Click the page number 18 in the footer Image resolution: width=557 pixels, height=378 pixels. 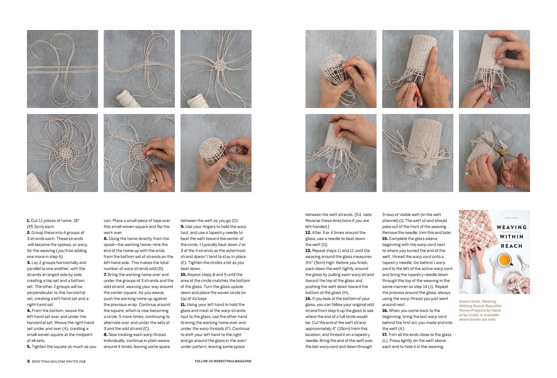(x=28, y=361)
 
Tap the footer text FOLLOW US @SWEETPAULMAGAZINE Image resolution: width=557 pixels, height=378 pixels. (x=223, y=361)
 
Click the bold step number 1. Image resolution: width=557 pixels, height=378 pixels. (x=28, y=220)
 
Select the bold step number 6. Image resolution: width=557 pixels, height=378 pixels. (x=106, y=238)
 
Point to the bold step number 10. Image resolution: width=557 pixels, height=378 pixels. (x=183, y=274)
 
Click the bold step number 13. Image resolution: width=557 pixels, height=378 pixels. (x=308, y=250)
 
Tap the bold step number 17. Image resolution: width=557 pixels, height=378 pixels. (x=385, y=334)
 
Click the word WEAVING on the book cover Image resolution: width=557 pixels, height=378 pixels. (x=511, y=227)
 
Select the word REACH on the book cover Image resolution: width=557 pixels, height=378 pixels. (x=511, y=246)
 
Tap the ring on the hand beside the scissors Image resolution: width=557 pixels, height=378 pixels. (x=468, y=173)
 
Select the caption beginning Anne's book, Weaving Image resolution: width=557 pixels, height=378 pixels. (x=480, y=310)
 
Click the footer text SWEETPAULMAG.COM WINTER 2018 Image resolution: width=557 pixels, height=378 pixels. (x=59, y=361)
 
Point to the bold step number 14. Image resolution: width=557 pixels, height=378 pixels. (x=308, y=298)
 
